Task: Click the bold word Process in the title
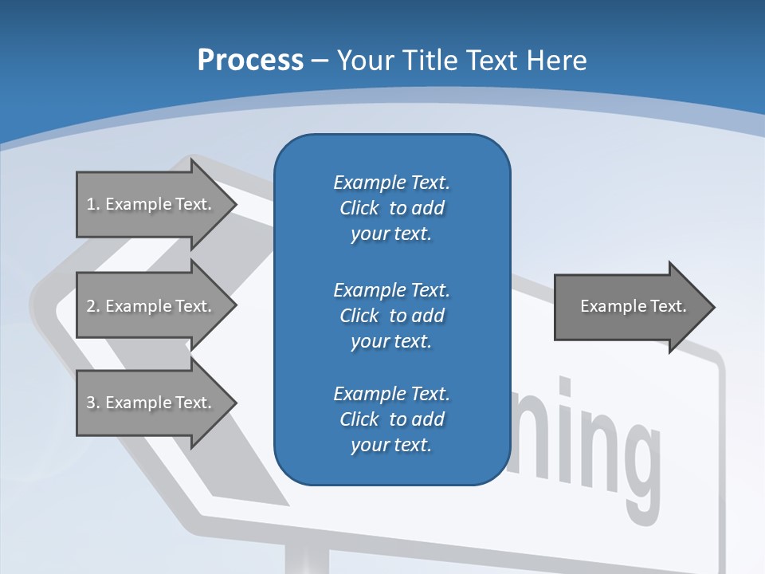(x=250, y=61)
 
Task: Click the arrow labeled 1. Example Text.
(x=151, y=204)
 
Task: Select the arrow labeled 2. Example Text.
(x=151, y=306)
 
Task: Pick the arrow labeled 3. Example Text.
(x=151, y=403)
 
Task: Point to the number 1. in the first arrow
(x=92, y=204)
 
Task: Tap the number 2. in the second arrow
(x=92, y=306)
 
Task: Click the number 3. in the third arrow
(x=92, y=403)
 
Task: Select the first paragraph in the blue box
(x=391, y=208)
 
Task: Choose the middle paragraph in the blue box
(x=391, y=316)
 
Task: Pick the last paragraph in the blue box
(x=391, y=419)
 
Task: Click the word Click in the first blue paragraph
(x=359, y=209)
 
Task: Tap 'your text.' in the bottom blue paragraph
(x=391, y=445)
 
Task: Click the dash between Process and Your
(x=320, y=61)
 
